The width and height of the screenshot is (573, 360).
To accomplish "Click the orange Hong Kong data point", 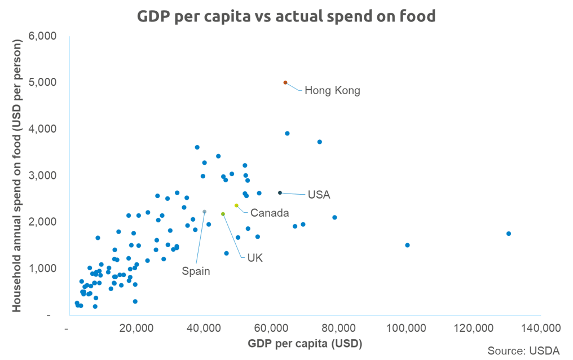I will pyautogui.click(x=285, y=82).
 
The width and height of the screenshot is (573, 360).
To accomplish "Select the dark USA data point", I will pyautogui.click(x=280, y=193).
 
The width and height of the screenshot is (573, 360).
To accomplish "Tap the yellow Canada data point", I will pyautogui.click(x=236, y=205).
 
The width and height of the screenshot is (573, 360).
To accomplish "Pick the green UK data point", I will pyautogui.click(x=223, y=214).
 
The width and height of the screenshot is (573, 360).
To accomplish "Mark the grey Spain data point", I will pyautogui.click(x=205, y=212).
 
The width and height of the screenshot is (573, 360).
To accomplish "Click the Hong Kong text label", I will pyautogui.click(x=332, y=90).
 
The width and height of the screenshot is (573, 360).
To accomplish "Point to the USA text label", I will pyautogui.click(x=319, y=195).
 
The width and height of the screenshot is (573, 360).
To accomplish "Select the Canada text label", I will pyautogui.click(x=270, y=213).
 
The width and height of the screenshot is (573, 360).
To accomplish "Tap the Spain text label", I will pyautogui.click(x=196, y=271).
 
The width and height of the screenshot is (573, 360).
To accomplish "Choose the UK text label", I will pyautogui.click(x=255, y=258).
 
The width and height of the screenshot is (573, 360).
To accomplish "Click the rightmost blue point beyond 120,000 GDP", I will pyautogui.click(x=509, y=234).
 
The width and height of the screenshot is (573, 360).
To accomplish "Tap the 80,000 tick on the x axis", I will pyautogui.click(x=339, y=328).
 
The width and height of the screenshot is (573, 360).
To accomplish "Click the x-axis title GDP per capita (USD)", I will pyautogui.click(x=305, y=343).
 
